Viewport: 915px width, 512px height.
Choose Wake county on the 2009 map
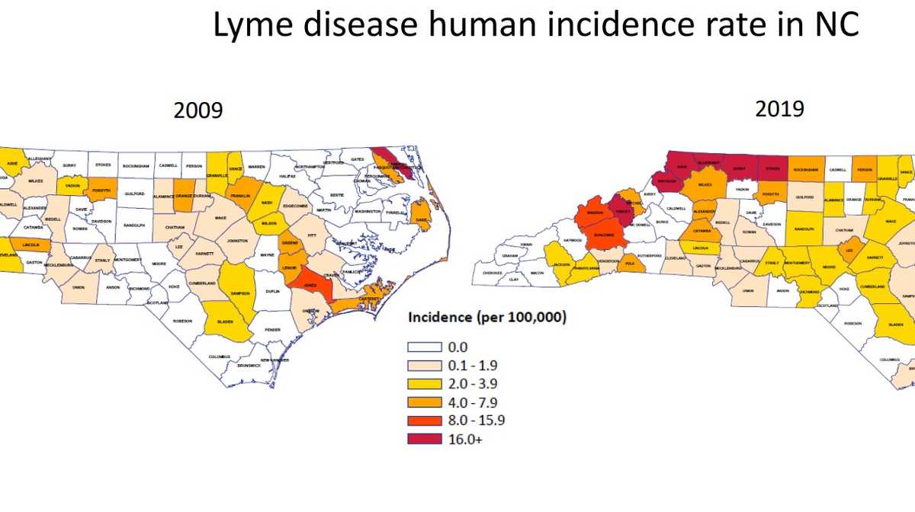click(x=219, y=218)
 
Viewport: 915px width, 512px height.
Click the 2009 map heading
click(x=198, y=110)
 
